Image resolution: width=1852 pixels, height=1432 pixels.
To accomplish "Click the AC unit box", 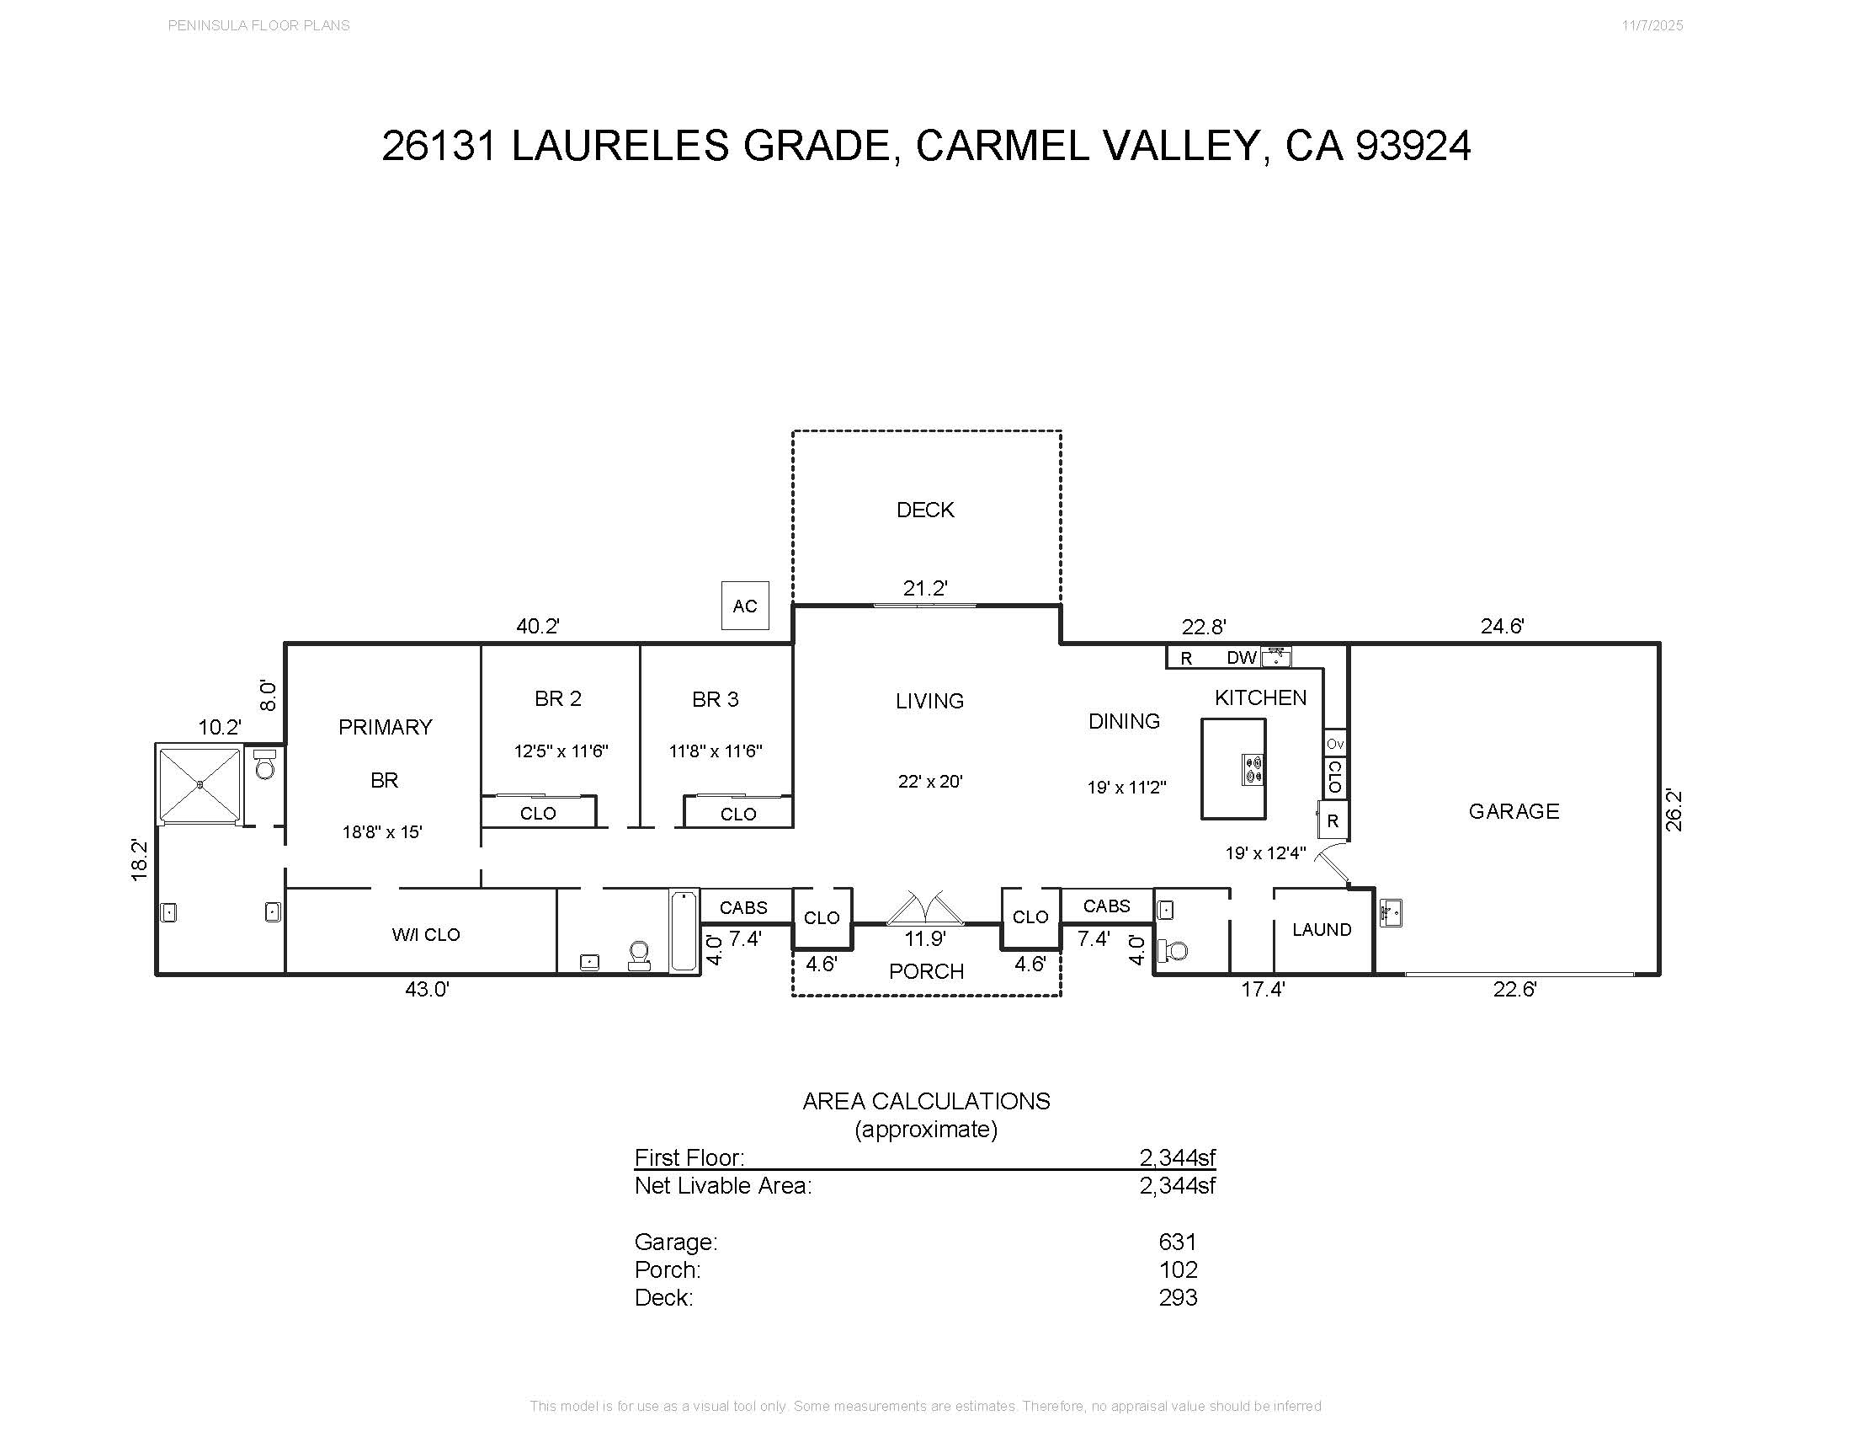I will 744,606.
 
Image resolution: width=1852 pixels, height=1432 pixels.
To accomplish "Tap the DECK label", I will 925,510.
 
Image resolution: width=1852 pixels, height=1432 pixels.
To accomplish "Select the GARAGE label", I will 1514,811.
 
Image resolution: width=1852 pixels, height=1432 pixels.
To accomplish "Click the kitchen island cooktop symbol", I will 1253,769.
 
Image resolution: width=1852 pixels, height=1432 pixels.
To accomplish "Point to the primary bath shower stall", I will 200,784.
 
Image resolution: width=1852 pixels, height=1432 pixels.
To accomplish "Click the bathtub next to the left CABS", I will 684,930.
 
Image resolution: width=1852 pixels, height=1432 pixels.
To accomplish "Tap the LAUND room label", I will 1321,930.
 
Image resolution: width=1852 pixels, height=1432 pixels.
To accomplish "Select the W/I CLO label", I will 426,935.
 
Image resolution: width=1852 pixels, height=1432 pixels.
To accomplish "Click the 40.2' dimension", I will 538,626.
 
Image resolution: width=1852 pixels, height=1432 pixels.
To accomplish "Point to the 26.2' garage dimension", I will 1673,810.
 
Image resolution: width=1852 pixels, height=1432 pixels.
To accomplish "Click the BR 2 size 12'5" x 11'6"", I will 561,751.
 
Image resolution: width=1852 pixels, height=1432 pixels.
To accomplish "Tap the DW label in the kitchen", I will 1242,658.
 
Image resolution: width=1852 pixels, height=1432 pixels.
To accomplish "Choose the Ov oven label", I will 1335,744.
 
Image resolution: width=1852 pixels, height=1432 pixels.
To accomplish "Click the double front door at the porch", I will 925,909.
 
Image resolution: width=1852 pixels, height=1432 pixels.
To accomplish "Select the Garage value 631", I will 1177,1242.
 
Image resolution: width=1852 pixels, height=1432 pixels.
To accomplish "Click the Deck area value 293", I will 1178,1297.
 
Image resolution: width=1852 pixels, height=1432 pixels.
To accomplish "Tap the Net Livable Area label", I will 722,1185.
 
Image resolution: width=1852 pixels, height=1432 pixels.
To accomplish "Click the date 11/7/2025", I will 1652,25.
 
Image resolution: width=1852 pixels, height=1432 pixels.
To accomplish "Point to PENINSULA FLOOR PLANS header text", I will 258,25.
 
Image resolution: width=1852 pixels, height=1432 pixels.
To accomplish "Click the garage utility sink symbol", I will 1390,913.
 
